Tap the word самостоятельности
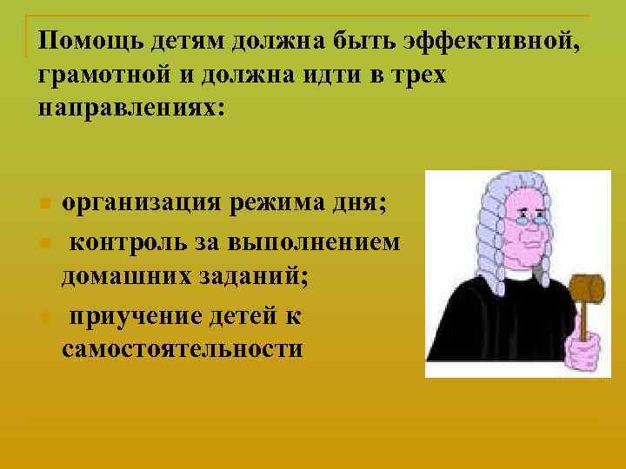[x=183, y=349]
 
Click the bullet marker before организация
[x=44, y=206]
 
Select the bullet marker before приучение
[x=44, y=315]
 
